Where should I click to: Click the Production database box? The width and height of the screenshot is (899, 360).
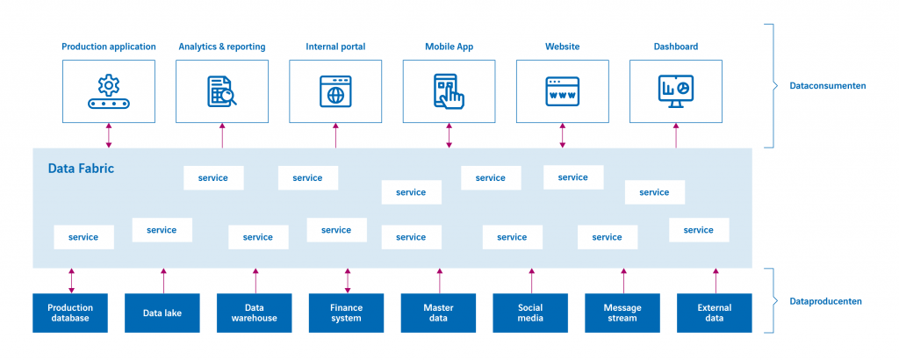click(70, 313)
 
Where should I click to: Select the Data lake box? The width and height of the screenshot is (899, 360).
click(162, 313)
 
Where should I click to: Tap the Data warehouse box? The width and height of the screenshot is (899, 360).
click(255, 313)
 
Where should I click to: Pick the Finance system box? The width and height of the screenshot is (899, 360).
click(346, 313)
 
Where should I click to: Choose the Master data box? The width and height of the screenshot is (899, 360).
click(438, 313)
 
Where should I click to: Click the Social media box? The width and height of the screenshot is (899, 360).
click(530, 313)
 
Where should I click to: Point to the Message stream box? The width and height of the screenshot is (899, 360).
click(622, 313)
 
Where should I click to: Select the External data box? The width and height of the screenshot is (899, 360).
click(715, 313)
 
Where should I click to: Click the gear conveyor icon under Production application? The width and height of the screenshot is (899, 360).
click(109, 91)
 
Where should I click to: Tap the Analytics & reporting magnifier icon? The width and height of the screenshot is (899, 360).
click(222, 91)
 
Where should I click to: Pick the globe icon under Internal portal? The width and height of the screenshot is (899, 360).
click(335, 91)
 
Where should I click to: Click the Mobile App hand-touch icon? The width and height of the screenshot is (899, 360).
click(449, 91)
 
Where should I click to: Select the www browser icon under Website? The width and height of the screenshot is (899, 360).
click(562, 91)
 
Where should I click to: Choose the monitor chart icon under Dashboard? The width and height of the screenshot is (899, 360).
click(675, 91)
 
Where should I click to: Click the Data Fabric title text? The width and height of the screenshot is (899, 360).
click(81, 168)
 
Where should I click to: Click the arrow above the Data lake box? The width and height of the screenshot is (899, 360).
click(163, 281)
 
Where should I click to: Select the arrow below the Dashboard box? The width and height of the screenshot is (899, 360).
click(676, 135)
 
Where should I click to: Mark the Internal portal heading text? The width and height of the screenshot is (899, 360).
click(335, 47)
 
